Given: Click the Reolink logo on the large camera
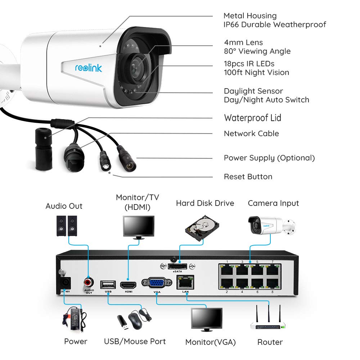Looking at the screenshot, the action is (x=89, y=68).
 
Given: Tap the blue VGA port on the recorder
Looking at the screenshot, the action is (x=157, y=283).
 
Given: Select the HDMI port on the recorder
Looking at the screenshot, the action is (x=128, y=285).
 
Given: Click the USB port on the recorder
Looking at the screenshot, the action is (x=108, y=285).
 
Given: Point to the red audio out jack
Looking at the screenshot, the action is (x=89, y=282).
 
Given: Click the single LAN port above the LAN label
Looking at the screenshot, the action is (x=185, y=282).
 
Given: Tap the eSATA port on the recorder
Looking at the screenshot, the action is (x=177, y=266).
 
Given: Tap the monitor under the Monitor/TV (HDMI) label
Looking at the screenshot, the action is (x=139, y=227).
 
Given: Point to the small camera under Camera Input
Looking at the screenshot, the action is (x=272, y=225).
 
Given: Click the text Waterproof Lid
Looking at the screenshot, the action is (x=253, y=118).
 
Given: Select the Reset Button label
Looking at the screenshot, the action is (x=248, y=176).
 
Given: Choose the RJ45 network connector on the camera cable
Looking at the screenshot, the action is (x=74, y=157).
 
